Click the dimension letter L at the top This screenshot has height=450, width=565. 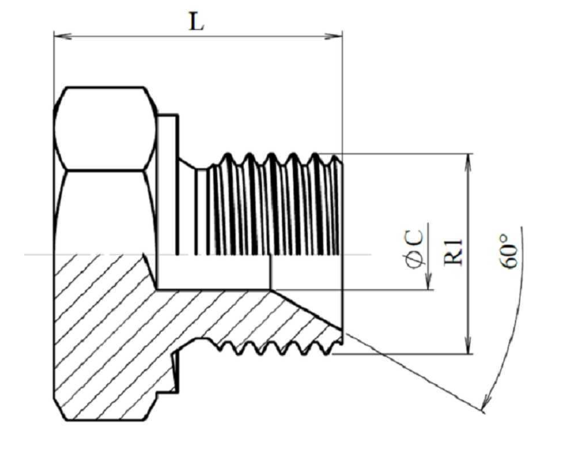click(x=197, y=22)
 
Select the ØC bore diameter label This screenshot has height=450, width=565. click(x=415, y=249)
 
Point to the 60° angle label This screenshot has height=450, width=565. click(x=508, y=252)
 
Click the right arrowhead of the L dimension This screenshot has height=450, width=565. click(x=334, y=36)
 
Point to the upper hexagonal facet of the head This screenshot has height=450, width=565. click(x=105, y=128)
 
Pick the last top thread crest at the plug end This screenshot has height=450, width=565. click(x=335, y=158)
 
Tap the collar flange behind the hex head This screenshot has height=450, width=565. click(x=168, y=184)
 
